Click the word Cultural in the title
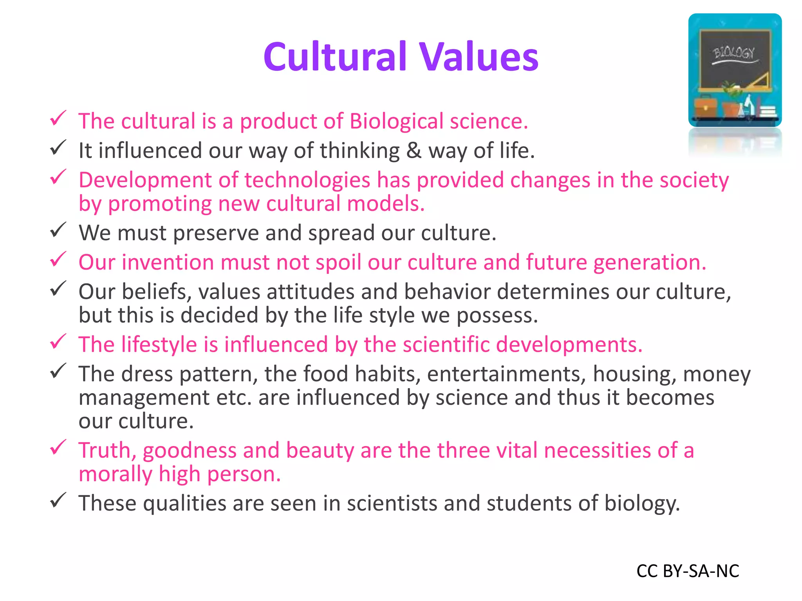tap(335, 57)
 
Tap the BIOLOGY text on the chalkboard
tap(733, 53)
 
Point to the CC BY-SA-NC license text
tap(688, 571)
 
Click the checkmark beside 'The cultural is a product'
tap(58, 118)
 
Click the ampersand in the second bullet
tap(414, 151)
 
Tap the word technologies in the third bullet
tap(307, 180)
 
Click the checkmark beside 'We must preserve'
tap(58, 230)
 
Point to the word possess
tap(497, 316)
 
